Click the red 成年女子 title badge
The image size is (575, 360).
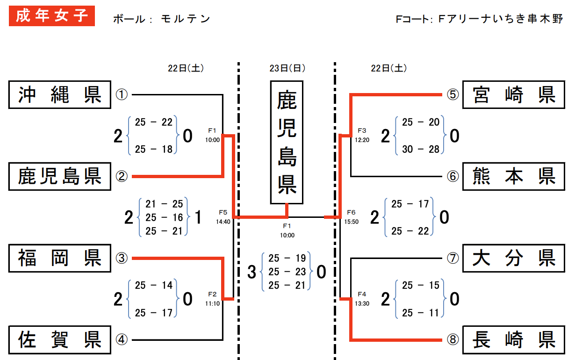tap(52, 16)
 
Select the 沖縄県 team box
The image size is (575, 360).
tap(60, 95)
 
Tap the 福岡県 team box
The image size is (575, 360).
tap(60, 258)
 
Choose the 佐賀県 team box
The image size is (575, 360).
tap(60, 340)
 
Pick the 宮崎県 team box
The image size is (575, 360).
tap(514, 95)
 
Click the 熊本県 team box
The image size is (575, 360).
tap(514, 176)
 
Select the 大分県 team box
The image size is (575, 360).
tap(514, 258)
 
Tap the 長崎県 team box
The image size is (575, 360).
tap(514, 340)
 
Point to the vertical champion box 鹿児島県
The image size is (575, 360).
tap(287, 142)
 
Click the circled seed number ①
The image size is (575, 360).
tap(122, 94)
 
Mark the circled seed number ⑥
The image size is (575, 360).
tap(453, 176)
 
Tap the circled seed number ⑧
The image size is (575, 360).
tap(453, 339)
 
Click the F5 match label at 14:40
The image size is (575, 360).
tap(223, 212)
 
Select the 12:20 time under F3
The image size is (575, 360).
tap(362, 140)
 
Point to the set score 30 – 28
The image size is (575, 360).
tap(421, 149)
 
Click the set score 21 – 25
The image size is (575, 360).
tap(164, 204)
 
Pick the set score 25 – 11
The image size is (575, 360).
tap(421, 313)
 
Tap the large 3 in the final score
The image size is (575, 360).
tap(252, 272)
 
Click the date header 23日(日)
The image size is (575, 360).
tap(287, 68)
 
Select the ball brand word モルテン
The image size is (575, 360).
tap(185, 19)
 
